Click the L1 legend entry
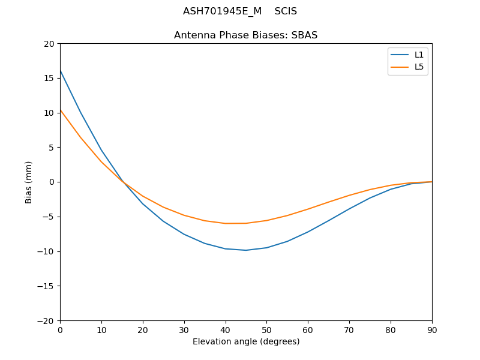pos(419,55)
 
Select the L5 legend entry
pos(419,67)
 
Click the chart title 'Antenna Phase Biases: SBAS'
pos(245,35)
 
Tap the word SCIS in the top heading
pos(286,11)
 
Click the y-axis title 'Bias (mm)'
pos(29,182)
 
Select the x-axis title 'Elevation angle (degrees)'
pos(246,341)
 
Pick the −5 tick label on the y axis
pos(47,217)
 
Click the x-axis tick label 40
pos(226,329)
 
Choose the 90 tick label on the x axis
pos(432,329)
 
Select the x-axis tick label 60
pos(308,329)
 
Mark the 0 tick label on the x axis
pos(60,329)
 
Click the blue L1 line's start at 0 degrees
pos(60,70)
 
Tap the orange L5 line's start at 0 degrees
pos(60,110)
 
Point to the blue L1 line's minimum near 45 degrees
pos(246,250)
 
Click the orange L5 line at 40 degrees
pos(226,223)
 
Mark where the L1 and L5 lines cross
pos(123,181)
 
